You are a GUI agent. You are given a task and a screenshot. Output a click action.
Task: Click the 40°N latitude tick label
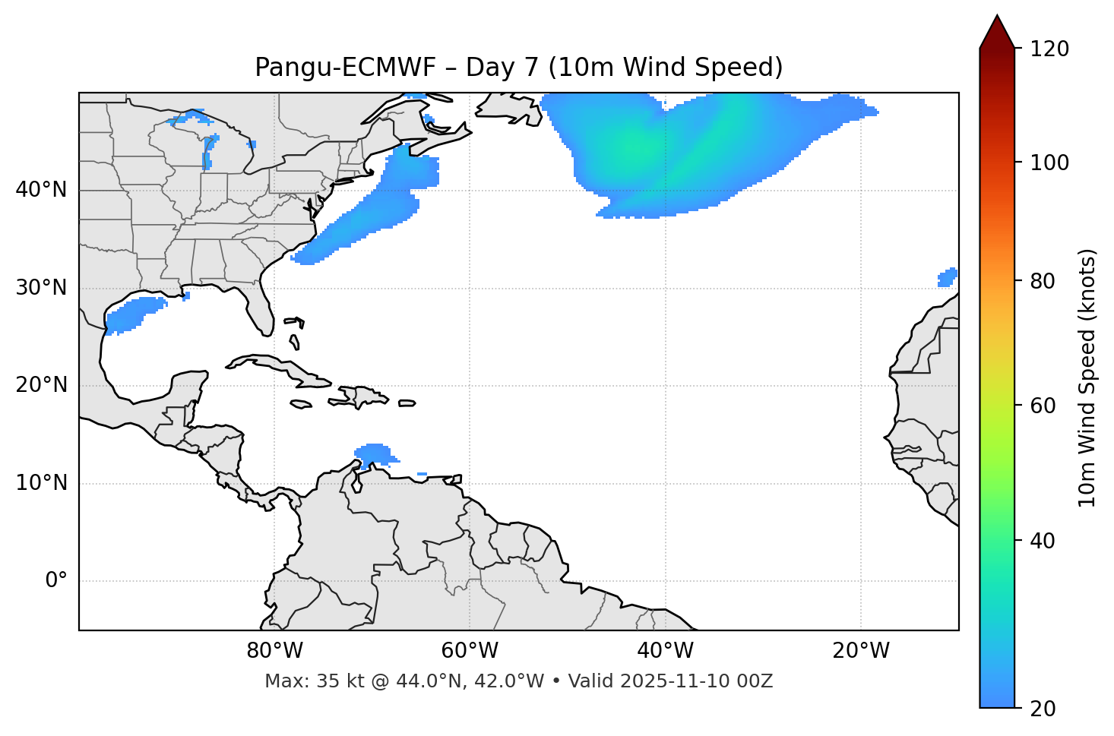click(x=41, y=190)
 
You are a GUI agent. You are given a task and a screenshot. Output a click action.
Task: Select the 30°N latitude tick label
click(x=41, y=288)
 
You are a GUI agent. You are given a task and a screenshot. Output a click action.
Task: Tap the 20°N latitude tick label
click(x=41, y=385)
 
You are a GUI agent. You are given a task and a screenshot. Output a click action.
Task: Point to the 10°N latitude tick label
click(x=41, y=483)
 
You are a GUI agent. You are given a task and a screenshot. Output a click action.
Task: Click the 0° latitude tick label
click(x=56, y=581)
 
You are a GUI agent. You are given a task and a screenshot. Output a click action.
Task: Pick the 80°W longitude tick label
click(x=274, y=651)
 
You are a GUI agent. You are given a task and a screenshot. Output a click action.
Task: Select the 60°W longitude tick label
click(x=470, y=651)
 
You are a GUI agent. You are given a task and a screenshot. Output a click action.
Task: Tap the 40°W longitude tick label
click(x=666, y=651)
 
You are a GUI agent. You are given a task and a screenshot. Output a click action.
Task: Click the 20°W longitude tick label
click(x=861, y=651)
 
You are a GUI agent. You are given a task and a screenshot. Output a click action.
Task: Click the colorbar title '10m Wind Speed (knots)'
click(x=1087, y=377)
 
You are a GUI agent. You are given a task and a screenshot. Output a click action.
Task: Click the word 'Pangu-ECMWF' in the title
click(x=345, y=68)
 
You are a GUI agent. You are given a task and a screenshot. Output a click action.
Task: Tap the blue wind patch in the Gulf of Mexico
click(x=135, y=314)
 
